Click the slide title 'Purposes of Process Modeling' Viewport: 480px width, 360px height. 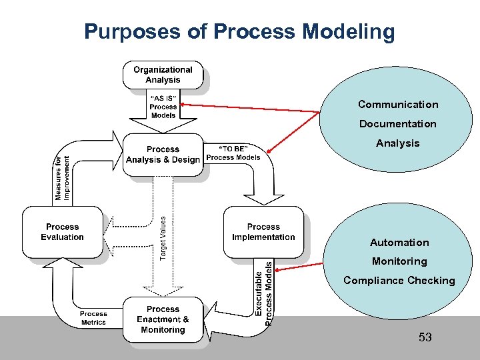[239, 31]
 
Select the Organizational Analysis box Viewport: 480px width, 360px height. [163, 75]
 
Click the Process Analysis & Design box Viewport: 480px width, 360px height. [163, 155]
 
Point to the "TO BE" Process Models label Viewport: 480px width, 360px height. [233, 153]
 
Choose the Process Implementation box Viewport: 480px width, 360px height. [263, 232]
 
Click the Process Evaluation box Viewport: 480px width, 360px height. [62, 232]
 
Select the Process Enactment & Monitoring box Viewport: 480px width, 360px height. [163, 319]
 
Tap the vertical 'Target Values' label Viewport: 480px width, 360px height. [164, 237]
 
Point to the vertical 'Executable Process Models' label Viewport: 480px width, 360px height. [265, 292]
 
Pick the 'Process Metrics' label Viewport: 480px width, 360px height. [93, 318]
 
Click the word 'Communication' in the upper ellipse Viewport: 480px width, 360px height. [398, 105]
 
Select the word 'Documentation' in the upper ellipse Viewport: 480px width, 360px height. [398, 124]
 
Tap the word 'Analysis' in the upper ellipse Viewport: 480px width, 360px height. [398, 143]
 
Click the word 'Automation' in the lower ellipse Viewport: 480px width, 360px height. [399, 243]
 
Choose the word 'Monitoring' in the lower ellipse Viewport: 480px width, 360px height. [399, 261]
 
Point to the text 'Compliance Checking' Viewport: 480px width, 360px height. [399, 281]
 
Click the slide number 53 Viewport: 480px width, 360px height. [425, 337]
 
